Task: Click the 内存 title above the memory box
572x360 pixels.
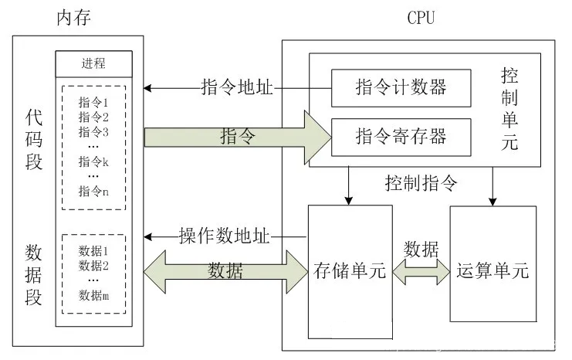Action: click(76, 18)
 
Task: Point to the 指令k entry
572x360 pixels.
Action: click(94, 161)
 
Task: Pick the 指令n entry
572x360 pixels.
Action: click(94, 191)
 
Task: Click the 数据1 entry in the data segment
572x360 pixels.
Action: click(94, 251)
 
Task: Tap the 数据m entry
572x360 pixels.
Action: click(94, 294)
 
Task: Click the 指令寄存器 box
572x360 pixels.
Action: click(401, 138)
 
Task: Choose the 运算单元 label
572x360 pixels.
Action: click(492, 272)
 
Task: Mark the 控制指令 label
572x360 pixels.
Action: click(421, 184)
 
